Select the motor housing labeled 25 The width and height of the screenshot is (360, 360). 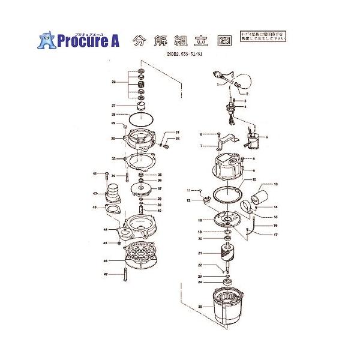229,306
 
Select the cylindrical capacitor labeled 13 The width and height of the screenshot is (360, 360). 259,196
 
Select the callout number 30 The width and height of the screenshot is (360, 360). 113,139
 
